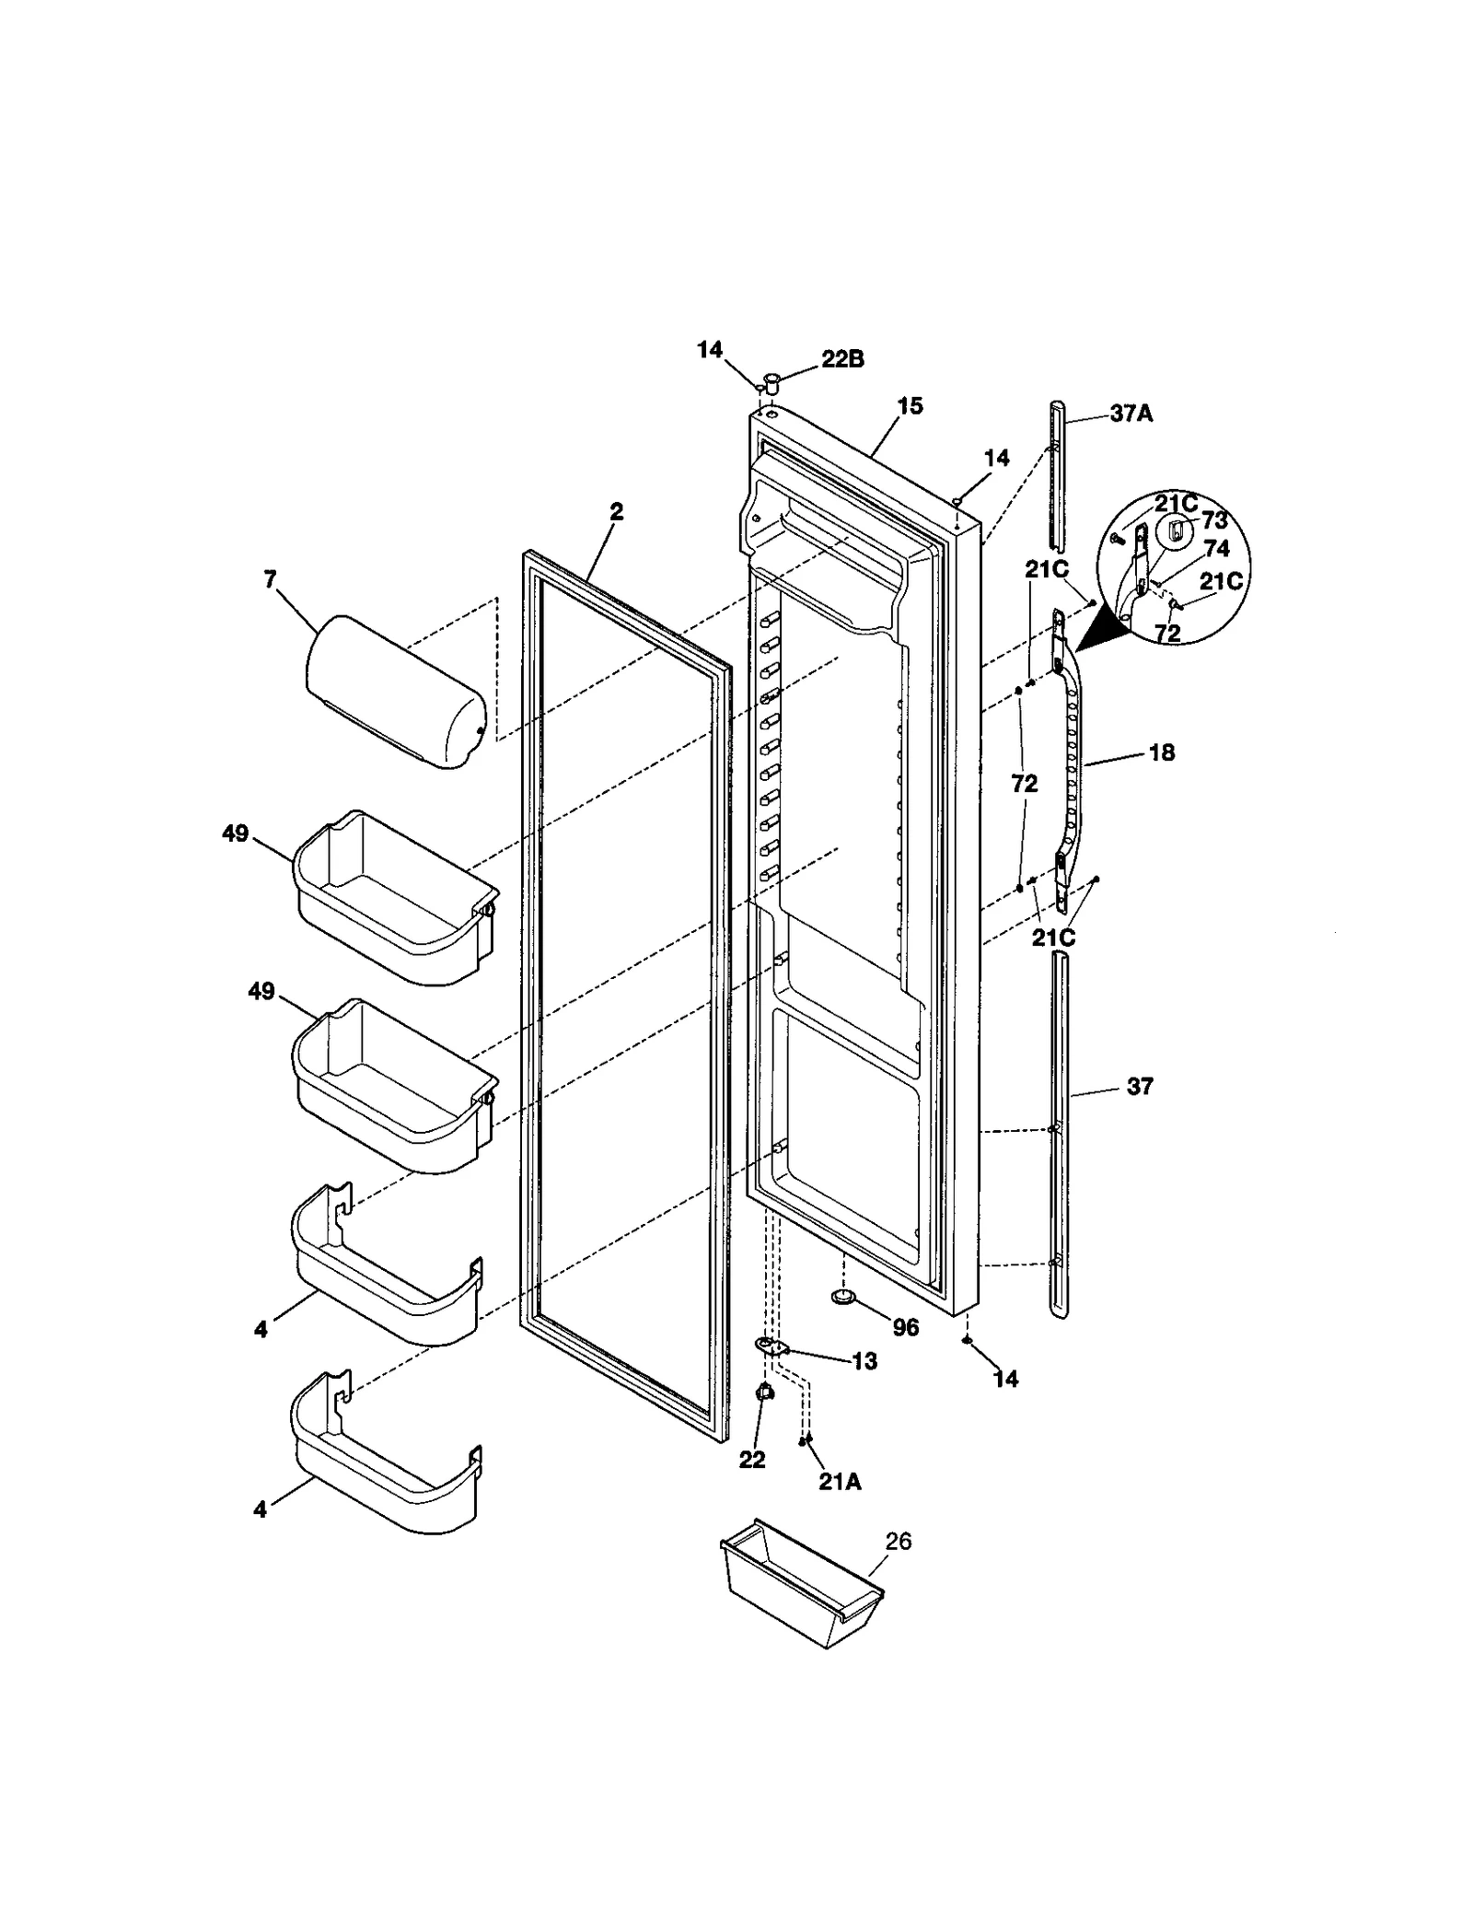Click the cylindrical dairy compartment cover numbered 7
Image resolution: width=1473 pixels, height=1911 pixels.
396,692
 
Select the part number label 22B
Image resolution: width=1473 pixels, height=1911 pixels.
842,359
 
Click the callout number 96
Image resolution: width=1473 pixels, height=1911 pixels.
906,1327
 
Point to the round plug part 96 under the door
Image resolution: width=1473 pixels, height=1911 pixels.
843,1298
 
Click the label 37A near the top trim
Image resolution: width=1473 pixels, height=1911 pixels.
1131,414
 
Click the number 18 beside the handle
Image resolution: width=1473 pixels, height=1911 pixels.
1162,752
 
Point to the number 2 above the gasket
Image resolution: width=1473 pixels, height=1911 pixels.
616,512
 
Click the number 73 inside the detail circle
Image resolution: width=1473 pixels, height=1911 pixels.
1214,521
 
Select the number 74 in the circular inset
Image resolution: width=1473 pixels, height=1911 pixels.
1216,549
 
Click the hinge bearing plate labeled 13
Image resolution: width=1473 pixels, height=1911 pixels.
772,1348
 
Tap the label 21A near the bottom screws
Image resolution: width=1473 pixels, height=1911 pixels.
840,1481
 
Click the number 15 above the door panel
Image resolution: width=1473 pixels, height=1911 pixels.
910,406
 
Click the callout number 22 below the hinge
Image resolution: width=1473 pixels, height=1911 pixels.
752,1460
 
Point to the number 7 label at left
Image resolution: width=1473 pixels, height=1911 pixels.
270,579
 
